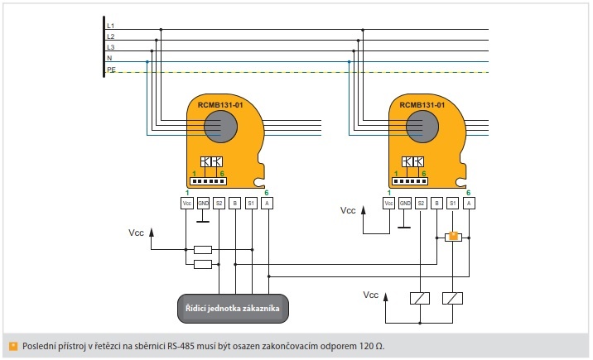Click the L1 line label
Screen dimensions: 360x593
pos(110,26)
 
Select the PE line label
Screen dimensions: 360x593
pos(110,70)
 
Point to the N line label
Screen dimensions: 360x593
pos(109,59)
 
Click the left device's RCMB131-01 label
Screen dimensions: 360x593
pos(220,105)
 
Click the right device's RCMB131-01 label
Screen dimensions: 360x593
pos(422,105)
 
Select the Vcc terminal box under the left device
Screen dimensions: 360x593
pos(186,203)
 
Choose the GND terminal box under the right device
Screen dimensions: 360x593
pos(405,203)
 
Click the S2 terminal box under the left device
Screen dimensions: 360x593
pos(219,203)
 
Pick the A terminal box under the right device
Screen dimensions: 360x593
pos(469,203)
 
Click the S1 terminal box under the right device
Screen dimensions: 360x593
pos(452,203)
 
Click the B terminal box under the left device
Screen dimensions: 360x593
pos(235,203)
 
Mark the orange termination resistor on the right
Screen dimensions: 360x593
pos(452,237)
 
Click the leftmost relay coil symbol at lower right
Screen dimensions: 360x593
pos(420,298)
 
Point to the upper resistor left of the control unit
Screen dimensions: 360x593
pos(202,249)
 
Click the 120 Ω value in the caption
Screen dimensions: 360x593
pos(373,345)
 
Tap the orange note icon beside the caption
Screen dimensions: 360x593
pos(12,345)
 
